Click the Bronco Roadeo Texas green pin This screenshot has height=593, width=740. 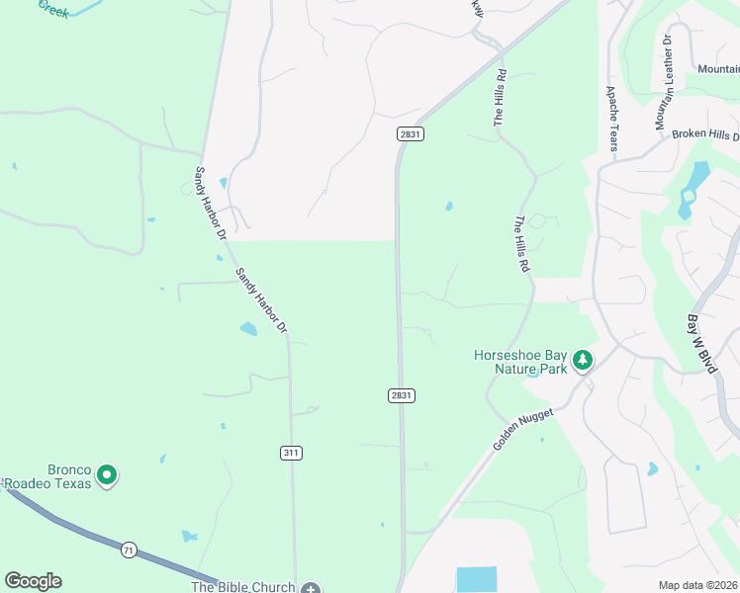pyautogui.click(x=107, y=476)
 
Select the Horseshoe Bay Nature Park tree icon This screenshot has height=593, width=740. pyautogui.click(x=584, y=361)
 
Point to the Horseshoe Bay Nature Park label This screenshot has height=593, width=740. pyautogui.click(x=519, y=362)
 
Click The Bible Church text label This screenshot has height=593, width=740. pyautogui.click(x=242, y=587)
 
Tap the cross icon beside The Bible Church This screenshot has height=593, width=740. pyautogui.click(x=312, y=588)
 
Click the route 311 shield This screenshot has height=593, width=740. pyautogui.click(x=291, y=453)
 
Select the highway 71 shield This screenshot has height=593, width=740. pyautogui.click(x=129, y=549)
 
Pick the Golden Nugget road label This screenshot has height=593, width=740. pyautogui.click(x=521, y=430)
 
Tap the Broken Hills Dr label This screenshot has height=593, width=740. pyautogui.click(x=704, y=134)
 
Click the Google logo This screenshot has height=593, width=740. pyautogui.click(x=33, y=581)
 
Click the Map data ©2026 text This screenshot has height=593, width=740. pyautogui.click(x=697, y=585)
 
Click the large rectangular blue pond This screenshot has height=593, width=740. pyautogui.click(x=477, y=579)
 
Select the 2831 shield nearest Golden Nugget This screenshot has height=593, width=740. pyautogui.click(x=401, y=395)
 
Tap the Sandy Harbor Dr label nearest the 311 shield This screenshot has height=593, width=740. pyautogui.click(x=261, y=299)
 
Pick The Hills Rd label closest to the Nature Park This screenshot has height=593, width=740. pyautogui.click(x=523, y=244)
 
